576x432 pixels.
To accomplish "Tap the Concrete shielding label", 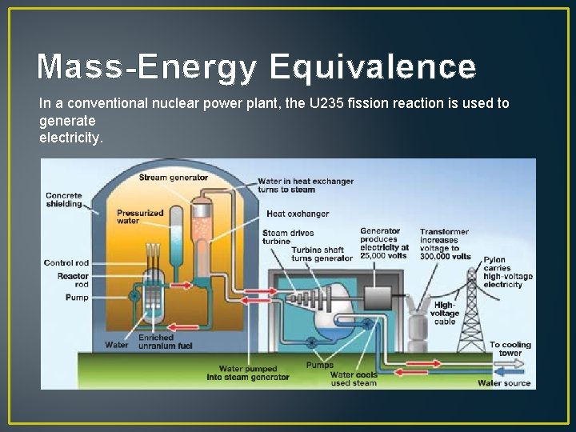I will (64, 199).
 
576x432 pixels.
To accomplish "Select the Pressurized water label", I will (140, 217).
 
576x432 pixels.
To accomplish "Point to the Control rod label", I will (66, 262).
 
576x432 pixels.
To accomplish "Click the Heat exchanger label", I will (298, 214).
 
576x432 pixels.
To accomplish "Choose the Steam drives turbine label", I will (286, 237).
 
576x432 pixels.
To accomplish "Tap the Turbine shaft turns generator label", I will (322, 254).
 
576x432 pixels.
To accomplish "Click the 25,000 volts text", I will (384, 256).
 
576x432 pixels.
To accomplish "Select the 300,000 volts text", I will (445, 256).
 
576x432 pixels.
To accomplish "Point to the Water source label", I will (504, 383).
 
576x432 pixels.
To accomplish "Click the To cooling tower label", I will (510, 349).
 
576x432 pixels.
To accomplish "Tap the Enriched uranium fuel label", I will (166, 342).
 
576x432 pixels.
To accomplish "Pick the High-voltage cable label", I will (445, 313).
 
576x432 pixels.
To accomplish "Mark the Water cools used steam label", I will (353, 378).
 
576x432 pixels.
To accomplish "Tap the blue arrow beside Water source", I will (509, 371).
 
